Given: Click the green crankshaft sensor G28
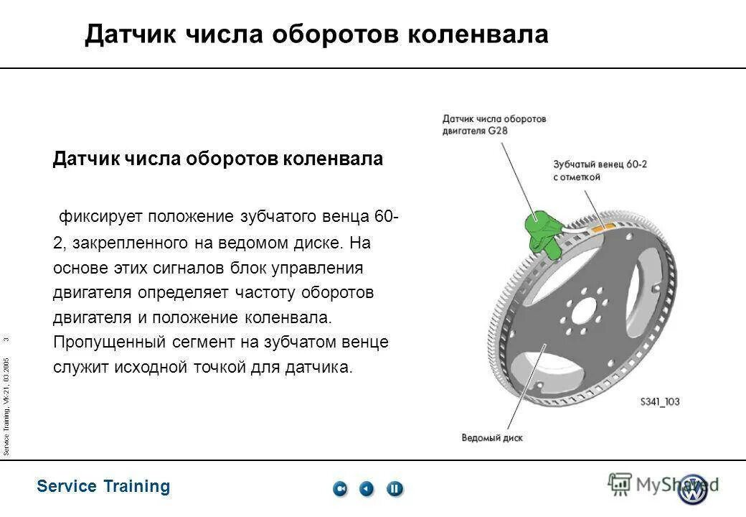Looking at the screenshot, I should pyautogui.click(x=543, y=231).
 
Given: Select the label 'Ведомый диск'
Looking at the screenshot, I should pyautogui.click(x=492, y=437).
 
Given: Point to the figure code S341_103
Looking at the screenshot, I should pyautogui.click(x=659, y=402).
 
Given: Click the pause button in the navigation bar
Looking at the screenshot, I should pyautogui.click(x=395, y=489).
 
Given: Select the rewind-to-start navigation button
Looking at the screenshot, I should pyautogui.click(x=340, y=489).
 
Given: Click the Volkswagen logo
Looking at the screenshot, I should pyautogui.click(x=693, y=489).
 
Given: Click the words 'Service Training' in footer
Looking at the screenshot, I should pyautogui.click(x=103, y=487).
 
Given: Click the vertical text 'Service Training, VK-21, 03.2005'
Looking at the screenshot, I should pyautogui.click(x=6, y=406).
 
